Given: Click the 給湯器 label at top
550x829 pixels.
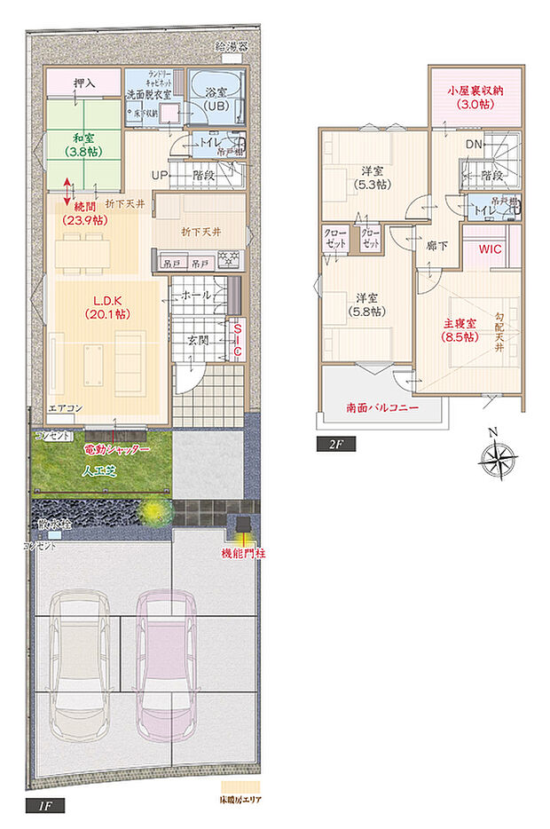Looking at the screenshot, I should point(232,45).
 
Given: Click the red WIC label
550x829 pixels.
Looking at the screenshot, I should point(491,249).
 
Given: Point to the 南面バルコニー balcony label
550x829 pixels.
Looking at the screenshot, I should point(382,409).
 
